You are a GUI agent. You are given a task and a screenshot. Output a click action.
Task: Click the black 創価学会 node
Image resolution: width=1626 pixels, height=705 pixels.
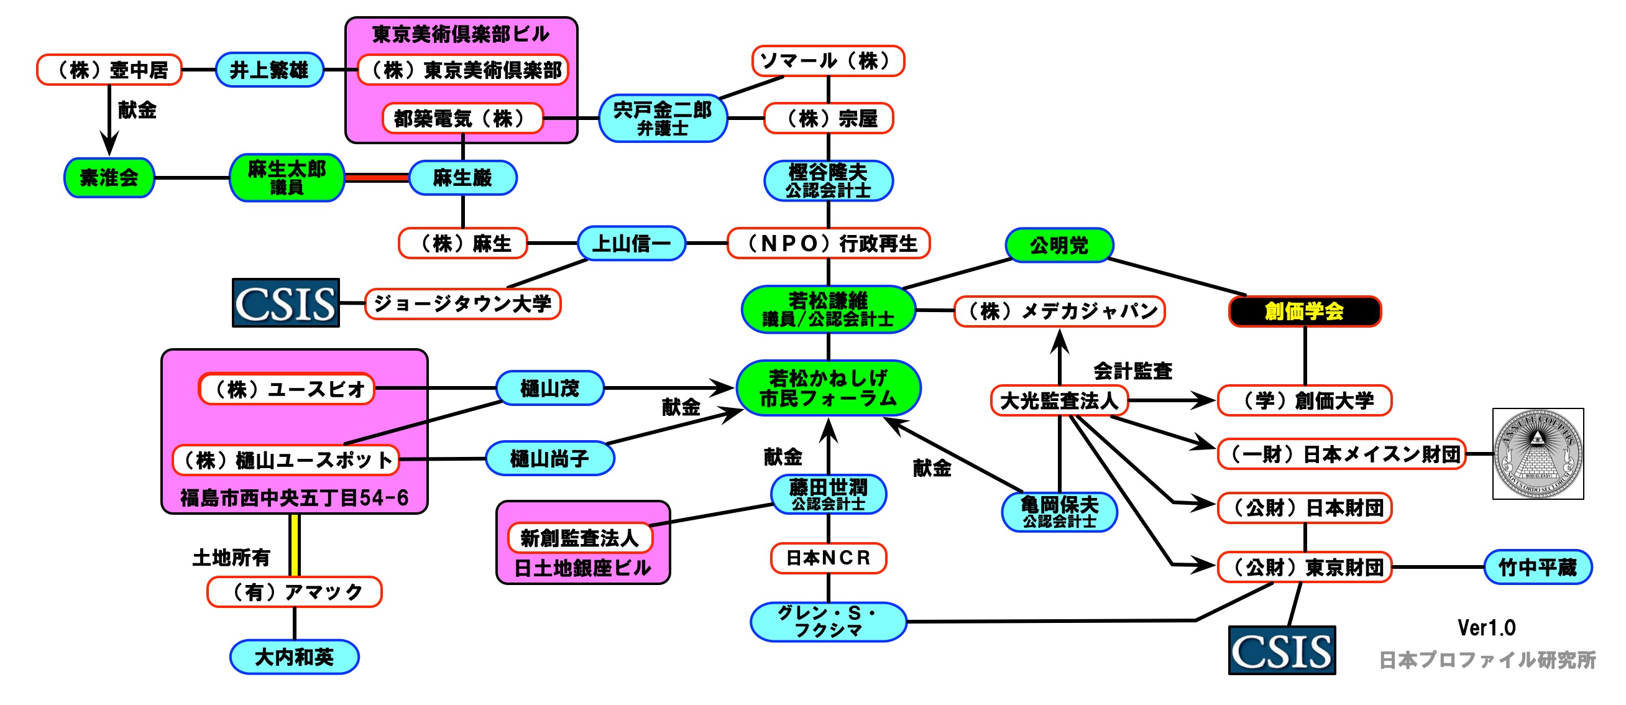[x=1304, y=311]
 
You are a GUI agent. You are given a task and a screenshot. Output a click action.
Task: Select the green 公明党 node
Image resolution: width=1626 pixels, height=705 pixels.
[x=1059, y=245]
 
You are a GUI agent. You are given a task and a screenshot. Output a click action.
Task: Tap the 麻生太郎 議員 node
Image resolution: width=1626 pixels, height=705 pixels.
[x=287, y=178]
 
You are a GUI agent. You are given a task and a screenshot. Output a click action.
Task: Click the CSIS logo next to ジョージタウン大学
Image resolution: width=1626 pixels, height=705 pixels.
[x=285, y=303]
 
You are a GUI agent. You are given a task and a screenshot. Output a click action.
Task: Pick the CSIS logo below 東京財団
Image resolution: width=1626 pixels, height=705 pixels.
[x=1282, y=650]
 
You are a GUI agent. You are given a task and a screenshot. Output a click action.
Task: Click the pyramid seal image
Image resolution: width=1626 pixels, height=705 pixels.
[x=1538, y=454]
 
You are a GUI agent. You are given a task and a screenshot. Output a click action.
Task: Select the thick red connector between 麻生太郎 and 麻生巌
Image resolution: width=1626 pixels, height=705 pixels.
[x=377, y=178]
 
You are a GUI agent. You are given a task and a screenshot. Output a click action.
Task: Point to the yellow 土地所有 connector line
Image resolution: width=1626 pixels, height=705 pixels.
[x=294, y=545]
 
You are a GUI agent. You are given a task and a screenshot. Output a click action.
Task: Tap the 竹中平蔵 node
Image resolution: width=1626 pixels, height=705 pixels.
[x=1537, y=568]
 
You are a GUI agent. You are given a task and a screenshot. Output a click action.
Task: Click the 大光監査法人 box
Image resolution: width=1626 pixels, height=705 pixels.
[x=1059, y=401]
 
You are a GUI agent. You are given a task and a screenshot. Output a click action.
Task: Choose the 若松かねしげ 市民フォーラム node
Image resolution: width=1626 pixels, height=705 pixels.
[x=828, y=388]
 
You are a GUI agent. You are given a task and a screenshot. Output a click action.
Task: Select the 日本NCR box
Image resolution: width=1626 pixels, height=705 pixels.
[x=828, y=558]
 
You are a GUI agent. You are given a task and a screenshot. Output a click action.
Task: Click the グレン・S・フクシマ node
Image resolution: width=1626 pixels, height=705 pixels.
[x=828, y=622]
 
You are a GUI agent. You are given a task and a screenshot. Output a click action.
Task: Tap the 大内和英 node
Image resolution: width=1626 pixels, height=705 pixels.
[x=294, y=657]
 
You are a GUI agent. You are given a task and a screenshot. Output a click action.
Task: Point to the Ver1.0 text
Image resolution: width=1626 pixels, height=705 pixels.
[x=1486, y=627]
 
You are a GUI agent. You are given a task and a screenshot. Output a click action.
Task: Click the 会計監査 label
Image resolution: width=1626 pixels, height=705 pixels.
[x=1132, y=371]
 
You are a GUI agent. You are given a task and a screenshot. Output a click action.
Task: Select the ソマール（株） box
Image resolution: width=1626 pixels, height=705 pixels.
[x=828, y=61]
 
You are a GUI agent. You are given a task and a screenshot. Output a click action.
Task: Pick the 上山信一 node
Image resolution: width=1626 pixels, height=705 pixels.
[x=632, y=244]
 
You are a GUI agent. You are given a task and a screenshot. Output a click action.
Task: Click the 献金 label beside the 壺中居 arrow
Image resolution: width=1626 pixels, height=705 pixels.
[x=137, y=111]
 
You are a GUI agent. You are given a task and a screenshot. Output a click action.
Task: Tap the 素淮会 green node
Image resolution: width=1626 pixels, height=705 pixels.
[x=109, y=178]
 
